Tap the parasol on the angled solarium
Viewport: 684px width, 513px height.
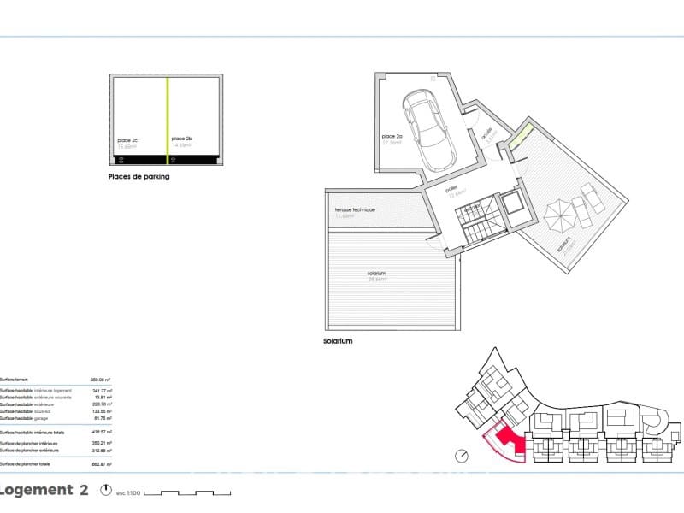coord(559,215)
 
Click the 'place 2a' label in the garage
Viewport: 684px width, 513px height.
coord(392,137)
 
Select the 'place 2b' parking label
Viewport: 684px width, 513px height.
coord(181,139)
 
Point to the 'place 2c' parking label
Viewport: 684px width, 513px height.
coord(128,139)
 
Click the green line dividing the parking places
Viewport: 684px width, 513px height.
coord(167,115)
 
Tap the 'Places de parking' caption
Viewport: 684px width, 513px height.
coord(139,177)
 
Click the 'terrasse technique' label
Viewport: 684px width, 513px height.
coord(355,209)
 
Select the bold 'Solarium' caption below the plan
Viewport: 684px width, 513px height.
coord(338,340)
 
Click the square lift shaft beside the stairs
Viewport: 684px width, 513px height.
coord(513,205)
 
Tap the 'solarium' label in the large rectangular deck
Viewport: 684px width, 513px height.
coord(376,274)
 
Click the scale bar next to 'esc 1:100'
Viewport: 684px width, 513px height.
coord(188,492)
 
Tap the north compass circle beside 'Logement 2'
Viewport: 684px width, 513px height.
coord(106,491)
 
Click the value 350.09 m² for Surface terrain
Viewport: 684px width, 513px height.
coord(101,379)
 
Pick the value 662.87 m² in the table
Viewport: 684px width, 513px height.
coord(101,463)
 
